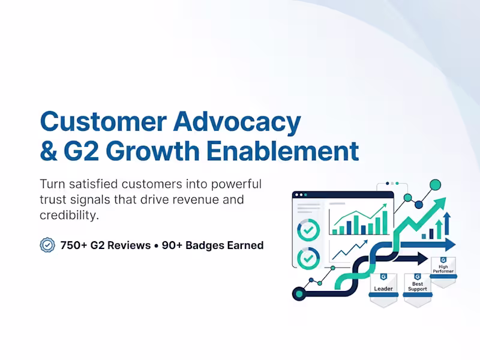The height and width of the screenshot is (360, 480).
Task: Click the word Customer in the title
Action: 102,122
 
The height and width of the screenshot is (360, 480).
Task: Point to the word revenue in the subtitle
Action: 208,199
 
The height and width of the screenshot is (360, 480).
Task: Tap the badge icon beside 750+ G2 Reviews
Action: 47,245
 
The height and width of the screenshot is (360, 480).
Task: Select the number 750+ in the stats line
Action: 74,245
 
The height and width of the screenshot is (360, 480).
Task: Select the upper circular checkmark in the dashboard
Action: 308,229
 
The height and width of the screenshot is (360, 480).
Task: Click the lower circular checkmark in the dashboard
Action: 308,259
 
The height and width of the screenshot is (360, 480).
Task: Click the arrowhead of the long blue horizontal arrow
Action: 449,244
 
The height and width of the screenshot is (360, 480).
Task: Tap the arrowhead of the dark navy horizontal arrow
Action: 421,259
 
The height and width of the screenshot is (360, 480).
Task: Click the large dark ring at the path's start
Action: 298,293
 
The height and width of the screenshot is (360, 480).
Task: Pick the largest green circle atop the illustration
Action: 436,185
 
